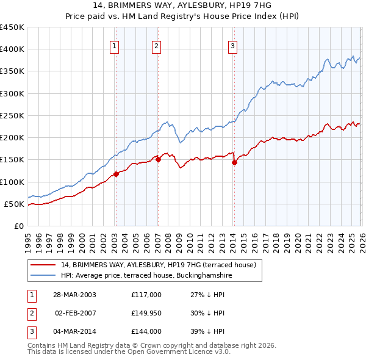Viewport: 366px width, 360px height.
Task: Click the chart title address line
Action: pyautogui.click(x=183, y=5)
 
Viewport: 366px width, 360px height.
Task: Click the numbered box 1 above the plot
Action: pyautogui.click(x=115, y=45)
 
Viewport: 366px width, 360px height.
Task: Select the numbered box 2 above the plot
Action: pyautogui.click(x=156, y=45)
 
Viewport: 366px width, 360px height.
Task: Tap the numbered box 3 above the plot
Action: pyautogui.click(x=232, y=45)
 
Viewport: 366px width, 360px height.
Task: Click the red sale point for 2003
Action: pyautogui.click(x=116, y=175)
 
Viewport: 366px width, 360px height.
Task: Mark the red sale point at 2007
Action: pyautogui.click(x=158, y=160)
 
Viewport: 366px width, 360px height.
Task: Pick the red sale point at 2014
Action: pyautogui.click(x=234, y=162)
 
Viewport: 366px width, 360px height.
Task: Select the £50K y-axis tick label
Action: pyautogui.click(x=14, y=204)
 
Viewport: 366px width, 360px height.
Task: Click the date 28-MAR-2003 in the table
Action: pyautogui.click(x=75, y=295)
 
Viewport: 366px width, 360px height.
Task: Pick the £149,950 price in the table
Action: pyautogui.click(x=146, y=313)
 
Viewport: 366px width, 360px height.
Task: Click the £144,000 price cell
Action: pyautogui.click(x=146, y=331)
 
